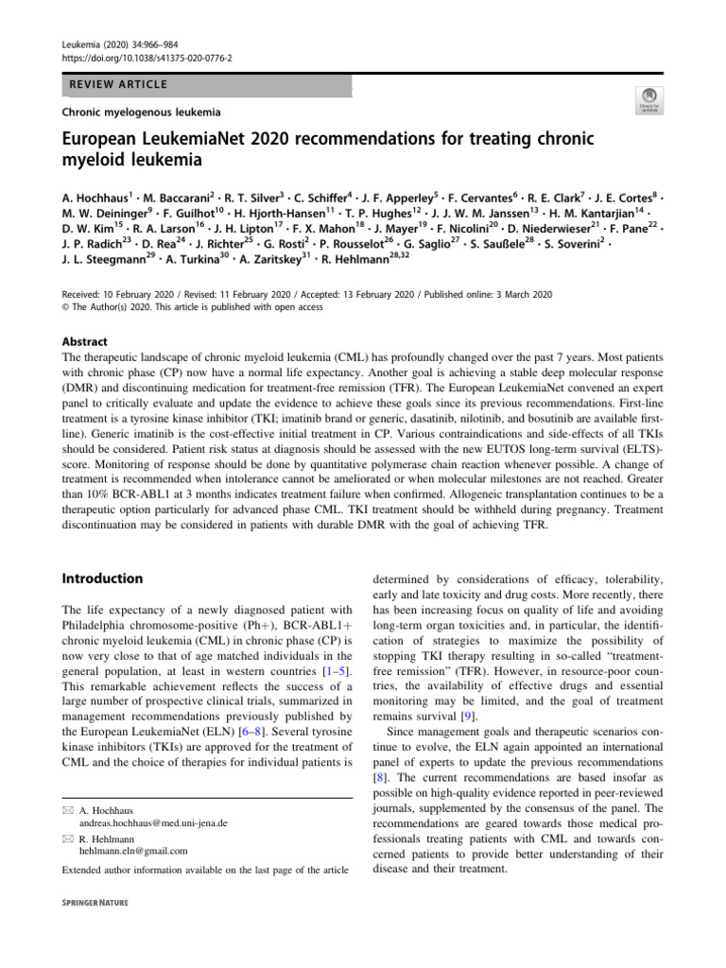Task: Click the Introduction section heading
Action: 102,578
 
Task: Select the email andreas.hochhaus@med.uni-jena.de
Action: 154,822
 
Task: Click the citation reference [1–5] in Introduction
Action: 327,670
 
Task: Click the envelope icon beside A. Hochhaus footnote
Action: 67,809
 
